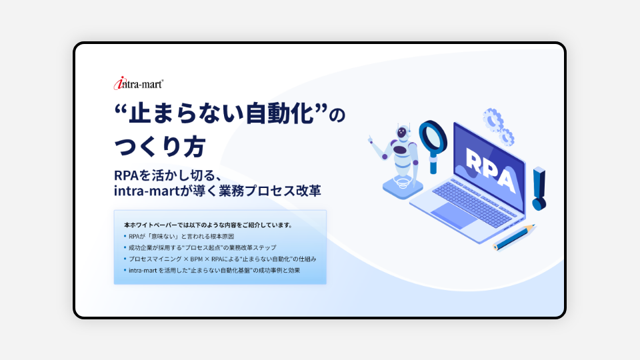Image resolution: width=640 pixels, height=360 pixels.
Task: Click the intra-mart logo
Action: pos(139,83)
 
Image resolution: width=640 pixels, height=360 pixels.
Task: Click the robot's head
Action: pos(402,132)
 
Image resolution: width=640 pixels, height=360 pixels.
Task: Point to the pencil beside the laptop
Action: pos(514,237)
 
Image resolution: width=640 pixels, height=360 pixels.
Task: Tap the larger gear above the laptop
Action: pos(493,119)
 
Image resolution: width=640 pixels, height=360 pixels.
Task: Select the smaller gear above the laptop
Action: pos(507,137)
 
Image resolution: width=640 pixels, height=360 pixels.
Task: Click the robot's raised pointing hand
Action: pos(371,140)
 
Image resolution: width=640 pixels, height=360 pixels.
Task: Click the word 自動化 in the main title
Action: pos(279,114)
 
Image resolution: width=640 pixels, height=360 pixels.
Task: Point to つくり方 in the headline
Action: pos(159,147)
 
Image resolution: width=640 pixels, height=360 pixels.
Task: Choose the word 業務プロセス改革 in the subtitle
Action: pos(270,190)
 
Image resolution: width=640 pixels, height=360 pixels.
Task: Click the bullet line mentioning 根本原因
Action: pos(179,236)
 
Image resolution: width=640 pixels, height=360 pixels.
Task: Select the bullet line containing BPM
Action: pos(220,259)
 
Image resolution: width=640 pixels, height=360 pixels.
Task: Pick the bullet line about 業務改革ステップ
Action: pos(200,247)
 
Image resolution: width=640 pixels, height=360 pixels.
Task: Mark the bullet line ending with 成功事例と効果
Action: pos(212,270)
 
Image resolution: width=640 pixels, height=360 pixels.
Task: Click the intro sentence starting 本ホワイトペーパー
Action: pos(209,225)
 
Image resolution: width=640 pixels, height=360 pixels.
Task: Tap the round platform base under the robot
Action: pos(403,189)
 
